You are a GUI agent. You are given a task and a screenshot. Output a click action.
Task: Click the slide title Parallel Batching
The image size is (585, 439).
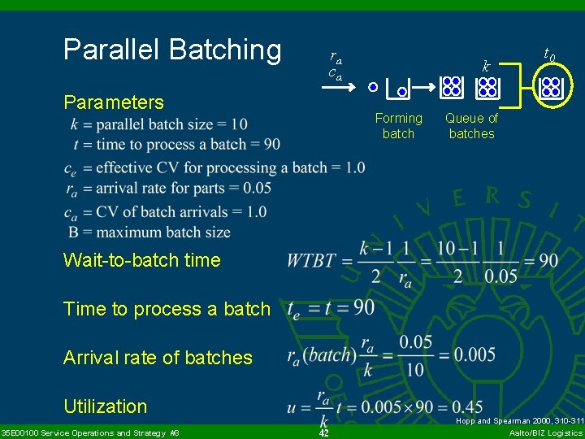[172, 50]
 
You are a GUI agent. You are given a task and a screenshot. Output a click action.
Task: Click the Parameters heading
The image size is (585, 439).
[114, 102]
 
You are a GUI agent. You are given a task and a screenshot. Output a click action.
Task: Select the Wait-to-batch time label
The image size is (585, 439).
[142, 260]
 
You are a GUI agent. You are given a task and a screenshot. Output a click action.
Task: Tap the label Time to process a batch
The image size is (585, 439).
[167, 309]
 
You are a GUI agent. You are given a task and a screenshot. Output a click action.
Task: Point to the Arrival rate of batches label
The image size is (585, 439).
[158, 358]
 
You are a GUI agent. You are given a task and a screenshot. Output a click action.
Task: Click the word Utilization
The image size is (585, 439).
[106, 406]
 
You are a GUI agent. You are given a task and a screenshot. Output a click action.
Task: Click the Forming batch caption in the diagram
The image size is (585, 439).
[398, 126]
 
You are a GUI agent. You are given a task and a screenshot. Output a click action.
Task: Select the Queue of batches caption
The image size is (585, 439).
[471, 126]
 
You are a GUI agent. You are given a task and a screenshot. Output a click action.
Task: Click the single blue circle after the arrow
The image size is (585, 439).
[373, 86]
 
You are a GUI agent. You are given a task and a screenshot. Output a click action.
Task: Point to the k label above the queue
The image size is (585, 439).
[486, 67]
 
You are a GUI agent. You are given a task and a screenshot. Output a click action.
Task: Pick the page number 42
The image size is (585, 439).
[323, 432]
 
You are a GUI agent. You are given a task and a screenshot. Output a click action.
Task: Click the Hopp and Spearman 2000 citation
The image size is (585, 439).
[519, 421]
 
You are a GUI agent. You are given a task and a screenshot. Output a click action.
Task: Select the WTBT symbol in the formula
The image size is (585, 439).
[311, 260]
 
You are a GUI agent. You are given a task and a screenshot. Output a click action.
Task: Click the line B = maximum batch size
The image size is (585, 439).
[149, 233]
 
